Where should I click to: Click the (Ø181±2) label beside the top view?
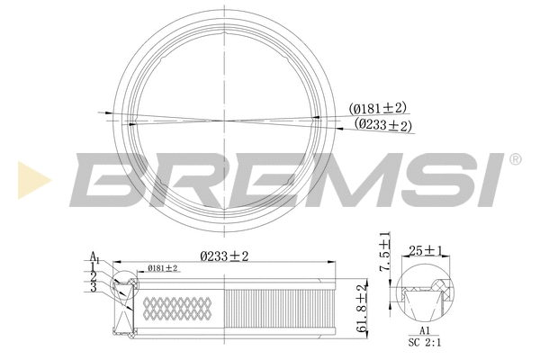(378, 110)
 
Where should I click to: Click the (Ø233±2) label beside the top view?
(382, 125)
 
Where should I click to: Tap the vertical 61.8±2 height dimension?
(362, 309)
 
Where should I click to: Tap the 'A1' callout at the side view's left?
(94, 257)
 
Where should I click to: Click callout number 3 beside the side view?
(93, 287)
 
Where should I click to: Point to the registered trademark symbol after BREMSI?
(515, 160)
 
